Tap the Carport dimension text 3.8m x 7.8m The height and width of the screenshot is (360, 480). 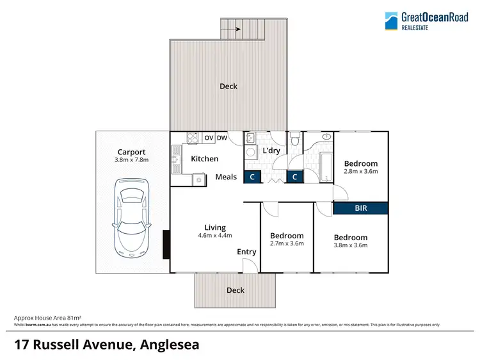[x=132, y=160]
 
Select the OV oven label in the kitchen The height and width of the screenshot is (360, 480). [x=209, y=138]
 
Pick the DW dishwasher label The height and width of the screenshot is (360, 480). [x=222, y=138]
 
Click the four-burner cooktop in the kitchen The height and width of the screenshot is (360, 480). [x=192, y=138]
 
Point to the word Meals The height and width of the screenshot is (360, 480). [x=226, y=177]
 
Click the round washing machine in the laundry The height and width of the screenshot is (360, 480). [x=251, y=152]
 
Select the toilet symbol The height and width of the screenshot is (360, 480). [x=294, y=140]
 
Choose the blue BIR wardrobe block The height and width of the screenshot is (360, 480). [x=361, y=208]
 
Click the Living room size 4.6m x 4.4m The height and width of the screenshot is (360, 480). [x=215, y=236]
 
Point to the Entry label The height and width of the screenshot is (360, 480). [x=246, y=252]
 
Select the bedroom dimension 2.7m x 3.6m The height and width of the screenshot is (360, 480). [x=287, y=243]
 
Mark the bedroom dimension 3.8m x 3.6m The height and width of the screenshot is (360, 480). [x=350, y=245]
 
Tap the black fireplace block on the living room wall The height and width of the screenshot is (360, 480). [x=166, y=244]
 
